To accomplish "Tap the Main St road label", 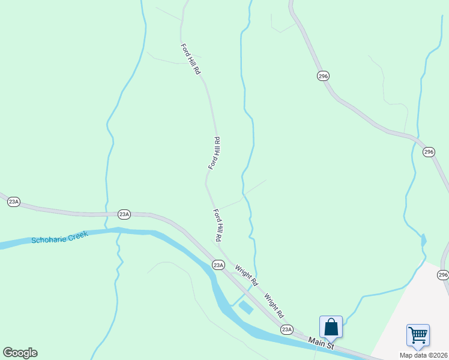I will click(321, 343).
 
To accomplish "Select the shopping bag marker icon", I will click(331, 327).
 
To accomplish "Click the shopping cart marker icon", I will click(417, 334).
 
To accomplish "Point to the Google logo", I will click(20, 353).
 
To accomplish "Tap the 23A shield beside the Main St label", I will click(287, 329).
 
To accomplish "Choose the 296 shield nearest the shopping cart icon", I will click(443, 275).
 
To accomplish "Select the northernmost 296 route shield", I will click(324, 76).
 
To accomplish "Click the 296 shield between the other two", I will click(428, 152).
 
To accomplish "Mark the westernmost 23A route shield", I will click(14, 202).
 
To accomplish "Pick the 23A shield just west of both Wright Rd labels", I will click(218, 265).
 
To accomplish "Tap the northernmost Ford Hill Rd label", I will click(190, 59).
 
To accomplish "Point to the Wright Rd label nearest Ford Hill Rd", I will click(246, 275).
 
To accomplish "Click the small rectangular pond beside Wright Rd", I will click(246, 308).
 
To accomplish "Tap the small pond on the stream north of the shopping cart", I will click(424, 241).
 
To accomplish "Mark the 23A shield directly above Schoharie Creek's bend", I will click(124, 214).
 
